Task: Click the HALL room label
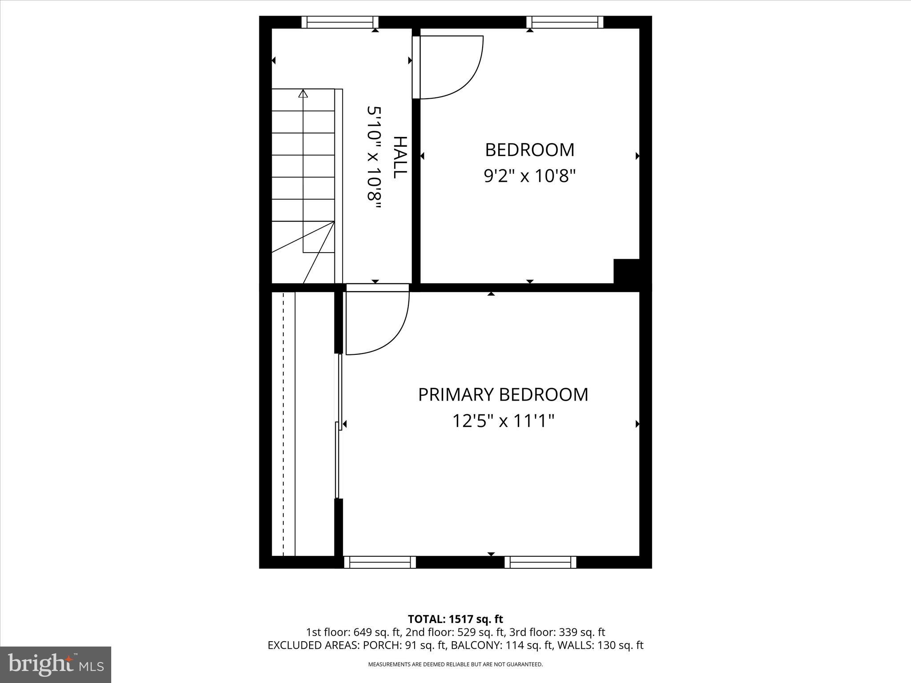(400, 157)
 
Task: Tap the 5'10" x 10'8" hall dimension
(374, 159)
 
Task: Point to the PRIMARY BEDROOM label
(503, 395)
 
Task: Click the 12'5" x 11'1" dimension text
(503, 421)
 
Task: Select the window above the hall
(340, 22)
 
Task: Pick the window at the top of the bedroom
(564, 22)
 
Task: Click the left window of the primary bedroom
(380, 562)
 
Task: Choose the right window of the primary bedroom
(540, 562)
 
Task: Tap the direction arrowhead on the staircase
(303, 93)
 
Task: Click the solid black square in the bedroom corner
(626, 271)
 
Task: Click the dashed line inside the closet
(283, 422)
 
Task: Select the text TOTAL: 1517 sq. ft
(455, 619)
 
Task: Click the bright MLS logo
(56, 664)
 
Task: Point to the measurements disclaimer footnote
(455, 664)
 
